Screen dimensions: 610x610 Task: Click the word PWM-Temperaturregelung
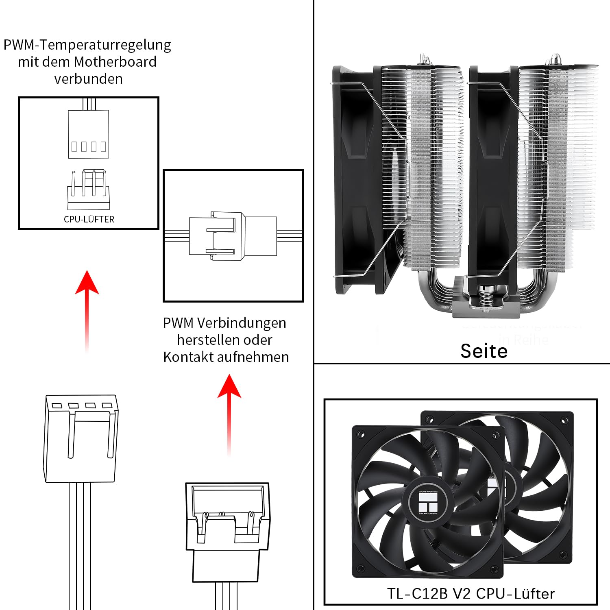[87, 45]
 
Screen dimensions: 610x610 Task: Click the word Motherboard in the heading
[115, 62]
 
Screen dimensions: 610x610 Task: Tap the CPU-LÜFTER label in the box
[89, 219]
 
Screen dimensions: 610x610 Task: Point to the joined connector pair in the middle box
[233, 236]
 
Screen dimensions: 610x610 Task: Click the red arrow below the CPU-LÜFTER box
[87, 309]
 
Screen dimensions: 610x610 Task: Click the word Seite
[484, 351]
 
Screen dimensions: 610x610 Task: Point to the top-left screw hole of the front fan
[359, 434]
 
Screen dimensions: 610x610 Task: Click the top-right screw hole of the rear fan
[564, 420]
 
